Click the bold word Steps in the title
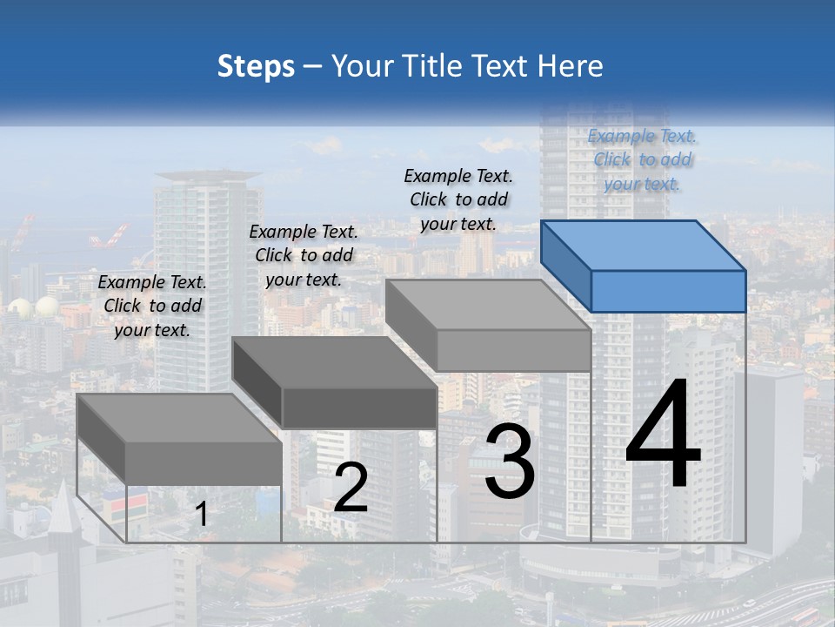(256, 66)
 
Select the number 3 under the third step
(510, 462)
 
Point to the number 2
(351, 488)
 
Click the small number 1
(201, 515)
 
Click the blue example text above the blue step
(642, 159)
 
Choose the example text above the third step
(458, 199)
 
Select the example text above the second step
(304, 255)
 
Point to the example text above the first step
(152, 306)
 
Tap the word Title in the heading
(435, 66)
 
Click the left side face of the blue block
(565, 265)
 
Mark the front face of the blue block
(668, 291)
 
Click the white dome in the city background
(45, 306)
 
